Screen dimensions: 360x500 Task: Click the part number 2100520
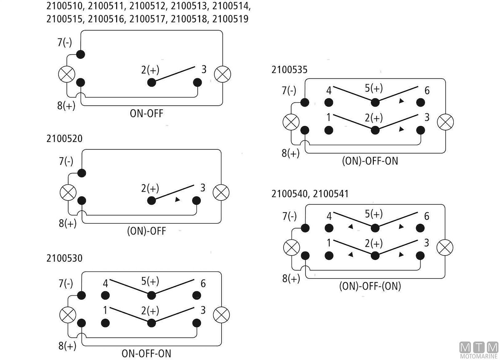coord(65,139)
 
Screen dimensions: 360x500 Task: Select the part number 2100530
coord(65,258)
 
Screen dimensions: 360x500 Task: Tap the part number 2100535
coord(289,70)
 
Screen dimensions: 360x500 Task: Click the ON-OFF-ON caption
coord(146,353)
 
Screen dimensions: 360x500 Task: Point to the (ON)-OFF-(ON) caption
coord(370,286)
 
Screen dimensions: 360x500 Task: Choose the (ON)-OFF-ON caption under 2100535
coord(370,161)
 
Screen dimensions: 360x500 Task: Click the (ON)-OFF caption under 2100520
coord(146,231)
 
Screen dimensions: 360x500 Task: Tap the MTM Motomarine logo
coord(479,350)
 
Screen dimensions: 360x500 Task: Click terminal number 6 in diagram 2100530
coord(203,283)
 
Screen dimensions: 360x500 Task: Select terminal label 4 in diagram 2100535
coord(329,90)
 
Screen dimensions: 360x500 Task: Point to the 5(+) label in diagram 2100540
coord(373,214)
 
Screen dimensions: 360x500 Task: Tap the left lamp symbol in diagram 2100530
coord(67,314)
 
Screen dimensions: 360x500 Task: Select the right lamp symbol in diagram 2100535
coord(445,122)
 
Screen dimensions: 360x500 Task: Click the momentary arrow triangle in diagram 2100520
coord(177,200)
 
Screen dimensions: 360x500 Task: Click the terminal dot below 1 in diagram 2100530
coord(105,322)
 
